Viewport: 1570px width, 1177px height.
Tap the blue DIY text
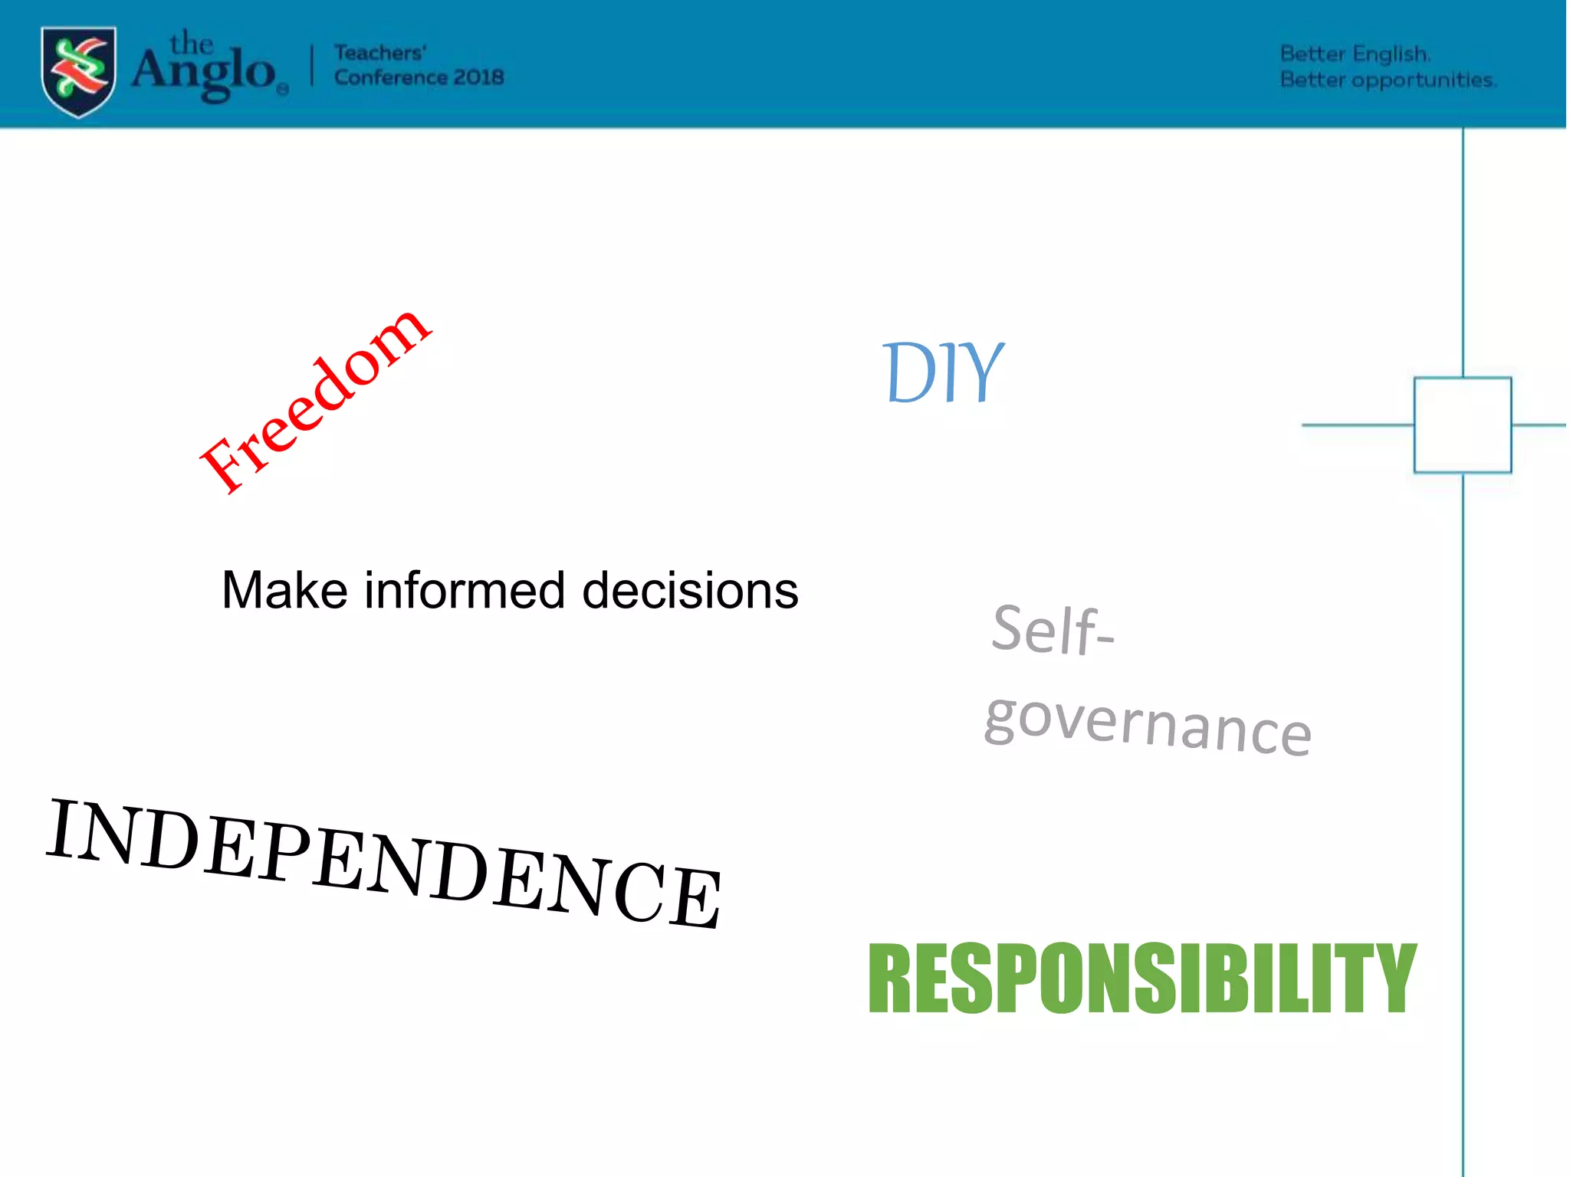942,373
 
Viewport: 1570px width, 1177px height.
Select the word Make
284,591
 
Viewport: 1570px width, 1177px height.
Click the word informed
465,591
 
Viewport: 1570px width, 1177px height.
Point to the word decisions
690,591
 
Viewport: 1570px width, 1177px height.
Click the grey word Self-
1052,631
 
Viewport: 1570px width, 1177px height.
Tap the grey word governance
1148,724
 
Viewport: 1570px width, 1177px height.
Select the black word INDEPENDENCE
383,862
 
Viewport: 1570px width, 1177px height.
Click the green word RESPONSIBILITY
1142,979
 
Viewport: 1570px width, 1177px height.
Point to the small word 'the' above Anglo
191,43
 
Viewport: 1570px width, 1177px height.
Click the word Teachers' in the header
380,53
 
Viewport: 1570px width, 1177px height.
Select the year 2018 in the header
479,77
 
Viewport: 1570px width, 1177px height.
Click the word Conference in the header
390,77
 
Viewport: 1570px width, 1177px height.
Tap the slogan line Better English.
1355,54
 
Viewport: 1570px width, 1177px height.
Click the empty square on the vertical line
1462,425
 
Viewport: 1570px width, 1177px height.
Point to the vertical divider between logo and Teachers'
312,65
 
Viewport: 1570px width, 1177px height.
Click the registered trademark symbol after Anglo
283,90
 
